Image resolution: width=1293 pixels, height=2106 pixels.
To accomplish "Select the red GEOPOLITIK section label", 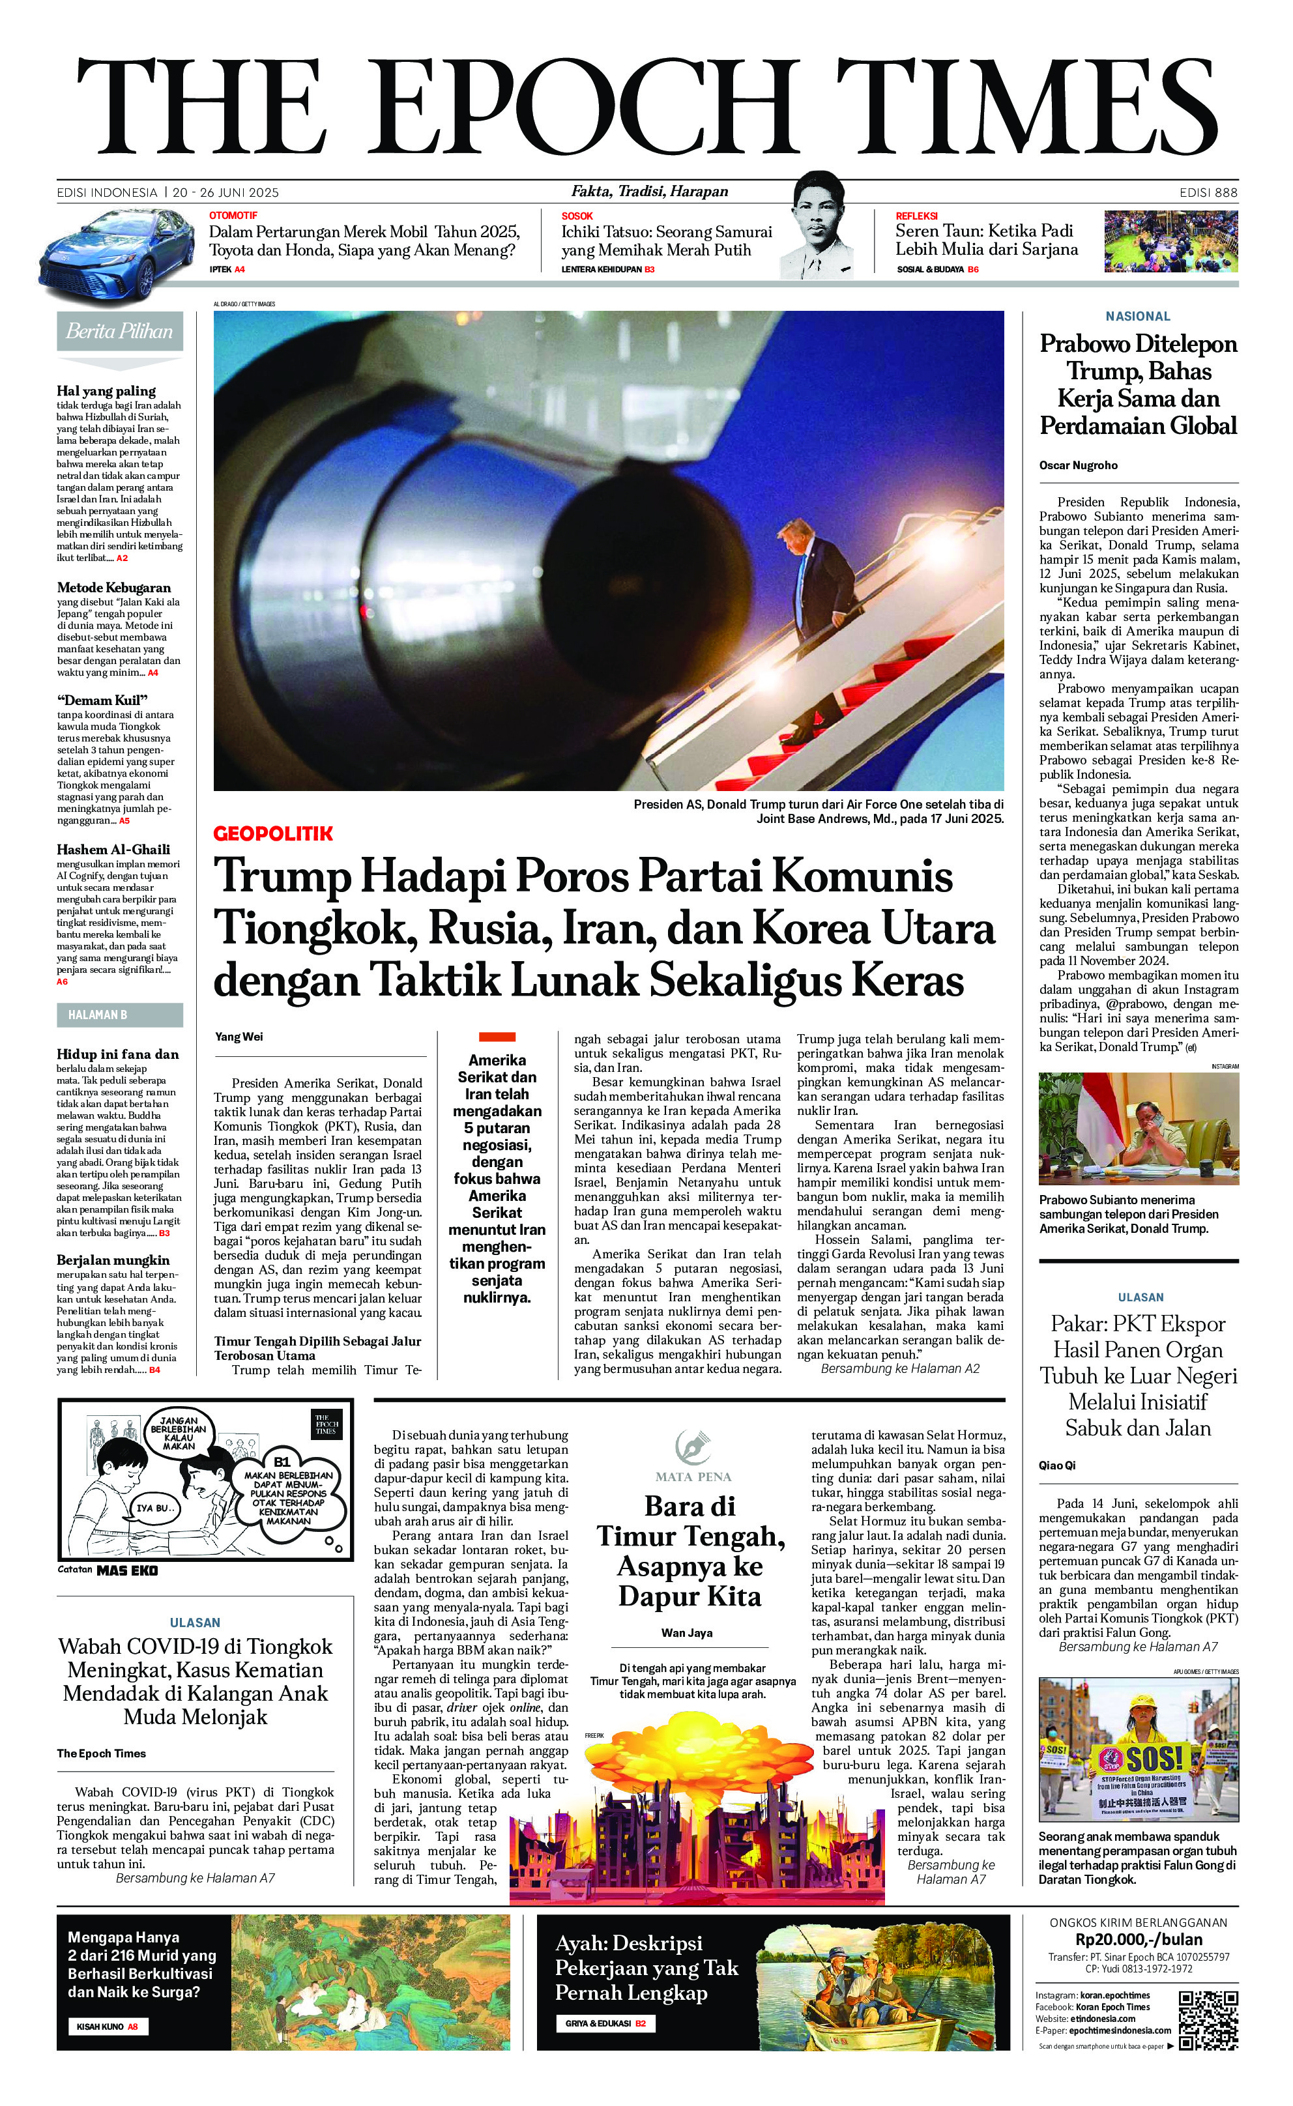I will click(x=273, y=833).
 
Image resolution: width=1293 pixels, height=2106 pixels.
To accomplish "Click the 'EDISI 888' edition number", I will click(x=1208, y=192).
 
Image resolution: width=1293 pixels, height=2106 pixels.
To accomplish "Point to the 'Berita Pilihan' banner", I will click(x=120, y=332).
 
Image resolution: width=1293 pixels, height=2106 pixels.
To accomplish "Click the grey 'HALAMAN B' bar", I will click(x=120, y=1015).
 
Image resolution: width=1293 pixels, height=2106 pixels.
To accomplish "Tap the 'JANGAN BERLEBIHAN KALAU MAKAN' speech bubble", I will click(x=179, y=1432).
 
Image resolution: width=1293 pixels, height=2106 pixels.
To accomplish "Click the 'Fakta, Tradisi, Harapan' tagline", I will click(x=650, y=192).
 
